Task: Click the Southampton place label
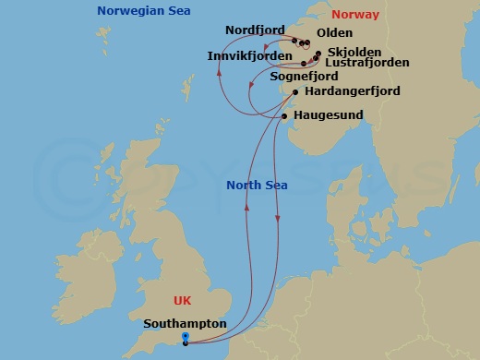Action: [x=186, y=324]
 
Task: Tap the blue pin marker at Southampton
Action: [x=186, y=338]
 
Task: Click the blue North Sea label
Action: [x=257, y=185]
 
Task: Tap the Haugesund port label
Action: [x=329, y=115]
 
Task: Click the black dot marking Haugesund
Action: [x=282, y=116]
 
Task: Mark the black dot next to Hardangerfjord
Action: [x=294, y=92]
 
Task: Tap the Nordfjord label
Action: [x=255, y=30]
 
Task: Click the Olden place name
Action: [x=334, y=31]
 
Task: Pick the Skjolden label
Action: [x=350, y=53]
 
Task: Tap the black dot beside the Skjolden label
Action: [x=318, y=54]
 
